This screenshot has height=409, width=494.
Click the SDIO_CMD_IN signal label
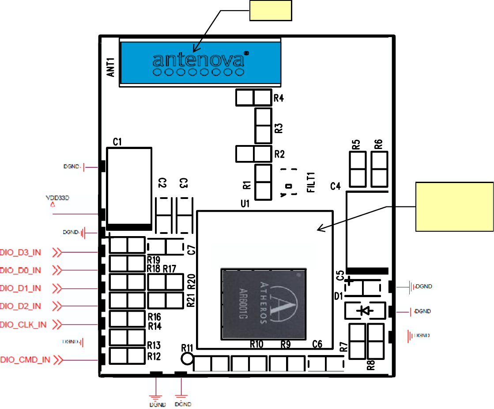(25, 360)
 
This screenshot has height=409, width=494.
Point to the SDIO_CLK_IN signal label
(23, 325)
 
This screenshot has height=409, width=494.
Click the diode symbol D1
(365, 311)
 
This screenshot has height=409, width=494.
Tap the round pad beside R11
(188, 359)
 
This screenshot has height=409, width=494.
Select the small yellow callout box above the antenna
(271, 11)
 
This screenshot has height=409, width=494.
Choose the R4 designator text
(279, 98)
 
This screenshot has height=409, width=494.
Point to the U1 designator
(245, 204)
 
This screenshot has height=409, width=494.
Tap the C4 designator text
(336, 187)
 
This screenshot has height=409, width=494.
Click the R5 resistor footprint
(358, 169)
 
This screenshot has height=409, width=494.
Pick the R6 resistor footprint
(379, 169)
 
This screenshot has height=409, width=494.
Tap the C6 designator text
(317, 344)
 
